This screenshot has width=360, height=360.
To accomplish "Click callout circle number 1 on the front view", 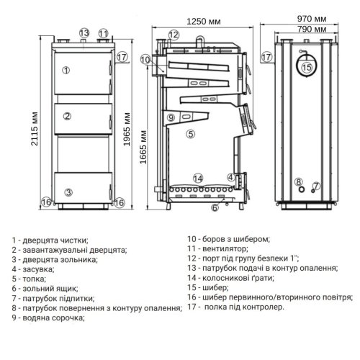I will (66, 70).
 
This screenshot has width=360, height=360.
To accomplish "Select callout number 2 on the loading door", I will (66, 117).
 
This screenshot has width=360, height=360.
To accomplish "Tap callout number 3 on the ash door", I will (67, 192).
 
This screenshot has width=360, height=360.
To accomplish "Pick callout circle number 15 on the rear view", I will (307, 68).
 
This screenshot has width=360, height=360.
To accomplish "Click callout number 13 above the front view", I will (84, 33).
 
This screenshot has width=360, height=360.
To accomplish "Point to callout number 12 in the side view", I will (173, 35).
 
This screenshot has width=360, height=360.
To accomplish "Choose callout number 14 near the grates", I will (198, 178).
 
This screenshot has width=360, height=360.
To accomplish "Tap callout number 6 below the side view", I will (215, 208).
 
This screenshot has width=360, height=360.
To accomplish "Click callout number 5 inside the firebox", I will (191, 133).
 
